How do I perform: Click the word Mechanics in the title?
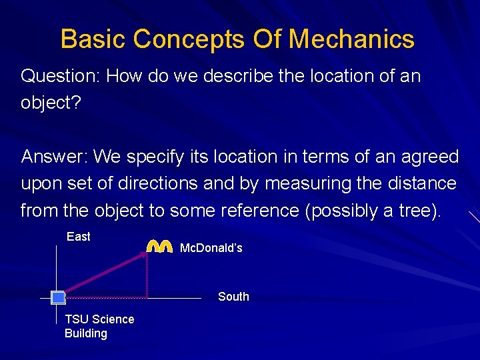point(351,39)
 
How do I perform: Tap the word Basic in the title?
point(93,39)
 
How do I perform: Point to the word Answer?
point(55,157)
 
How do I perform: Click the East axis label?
point(79,237)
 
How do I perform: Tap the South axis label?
point(233,297)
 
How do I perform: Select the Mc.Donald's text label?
point(211,248)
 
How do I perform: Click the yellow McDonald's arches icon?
point(160,246)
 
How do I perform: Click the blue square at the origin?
point(58,297)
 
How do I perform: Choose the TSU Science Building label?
point(99,326)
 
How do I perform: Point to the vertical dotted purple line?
point(147,277)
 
